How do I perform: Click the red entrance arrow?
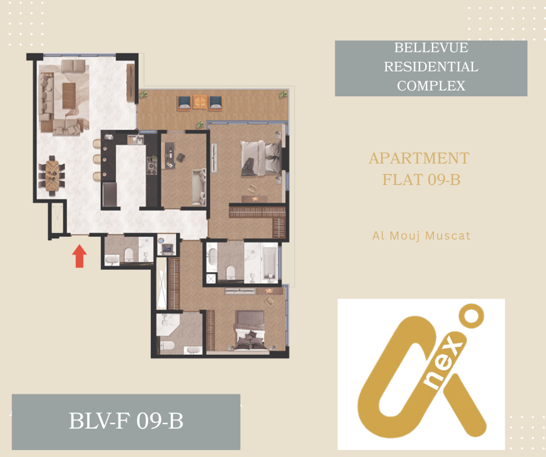(80, 256)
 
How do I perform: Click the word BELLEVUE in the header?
(431, 48)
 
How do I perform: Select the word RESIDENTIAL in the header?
(431, 67)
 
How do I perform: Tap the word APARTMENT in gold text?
(419, 158)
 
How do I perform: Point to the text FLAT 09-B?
(421, 180)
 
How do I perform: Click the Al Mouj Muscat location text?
(421, 236)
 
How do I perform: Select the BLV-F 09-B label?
(126, 421)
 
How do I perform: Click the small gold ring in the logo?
(472, 316)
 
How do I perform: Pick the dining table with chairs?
(52, 176)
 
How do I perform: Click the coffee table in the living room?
(69, 96)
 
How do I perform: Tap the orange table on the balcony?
(200, 102)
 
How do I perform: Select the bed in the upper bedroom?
(261, 158)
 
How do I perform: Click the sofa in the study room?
(199, 187)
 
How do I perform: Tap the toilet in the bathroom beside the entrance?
(129, 255)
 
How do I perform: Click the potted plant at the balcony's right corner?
(283, 94)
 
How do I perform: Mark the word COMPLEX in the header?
(431, 86)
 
